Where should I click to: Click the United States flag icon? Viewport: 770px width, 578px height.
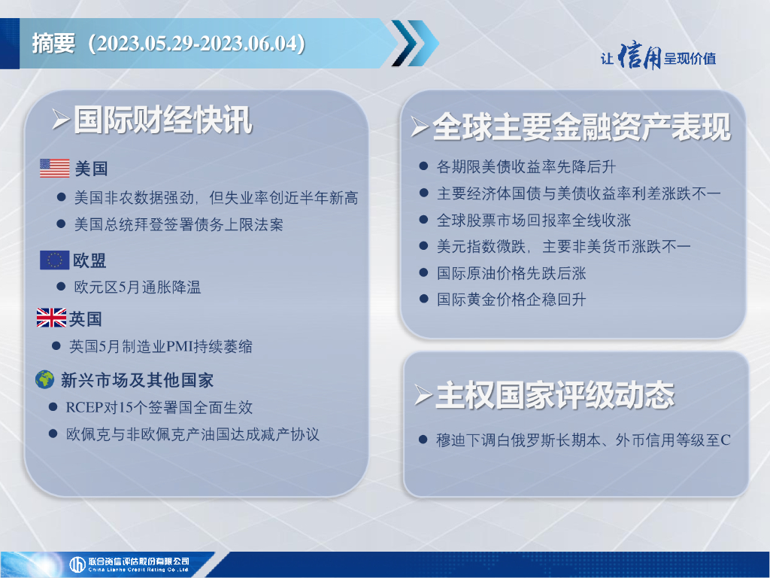point(54,168)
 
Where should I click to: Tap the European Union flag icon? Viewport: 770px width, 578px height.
point(54,260)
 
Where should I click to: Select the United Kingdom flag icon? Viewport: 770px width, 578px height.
point(52,318)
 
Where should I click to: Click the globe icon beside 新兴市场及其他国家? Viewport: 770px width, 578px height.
point(44,379)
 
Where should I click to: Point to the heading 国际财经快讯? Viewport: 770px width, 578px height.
point(163,120)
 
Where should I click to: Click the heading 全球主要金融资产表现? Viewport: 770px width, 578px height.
point(581,126)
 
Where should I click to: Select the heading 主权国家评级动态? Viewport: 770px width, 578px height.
point(555,394)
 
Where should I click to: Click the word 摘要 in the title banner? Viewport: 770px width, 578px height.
point(53,43)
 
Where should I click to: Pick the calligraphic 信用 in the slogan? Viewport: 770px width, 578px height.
point(639,56)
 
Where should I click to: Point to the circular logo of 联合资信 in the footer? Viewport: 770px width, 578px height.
point(77,564)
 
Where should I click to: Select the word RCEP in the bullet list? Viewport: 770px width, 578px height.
point(84,407)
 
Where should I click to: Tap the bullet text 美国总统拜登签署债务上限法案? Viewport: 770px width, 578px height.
point(179,224)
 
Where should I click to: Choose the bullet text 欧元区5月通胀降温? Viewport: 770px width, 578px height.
point(138,287)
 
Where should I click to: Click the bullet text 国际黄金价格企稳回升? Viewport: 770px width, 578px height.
point(511,300)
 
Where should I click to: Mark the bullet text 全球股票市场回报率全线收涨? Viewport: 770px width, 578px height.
point(534,220)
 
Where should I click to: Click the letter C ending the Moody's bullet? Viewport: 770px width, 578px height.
point(726,440)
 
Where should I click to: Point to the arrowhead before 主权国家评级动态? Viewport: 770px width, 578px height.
point(423,394)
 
